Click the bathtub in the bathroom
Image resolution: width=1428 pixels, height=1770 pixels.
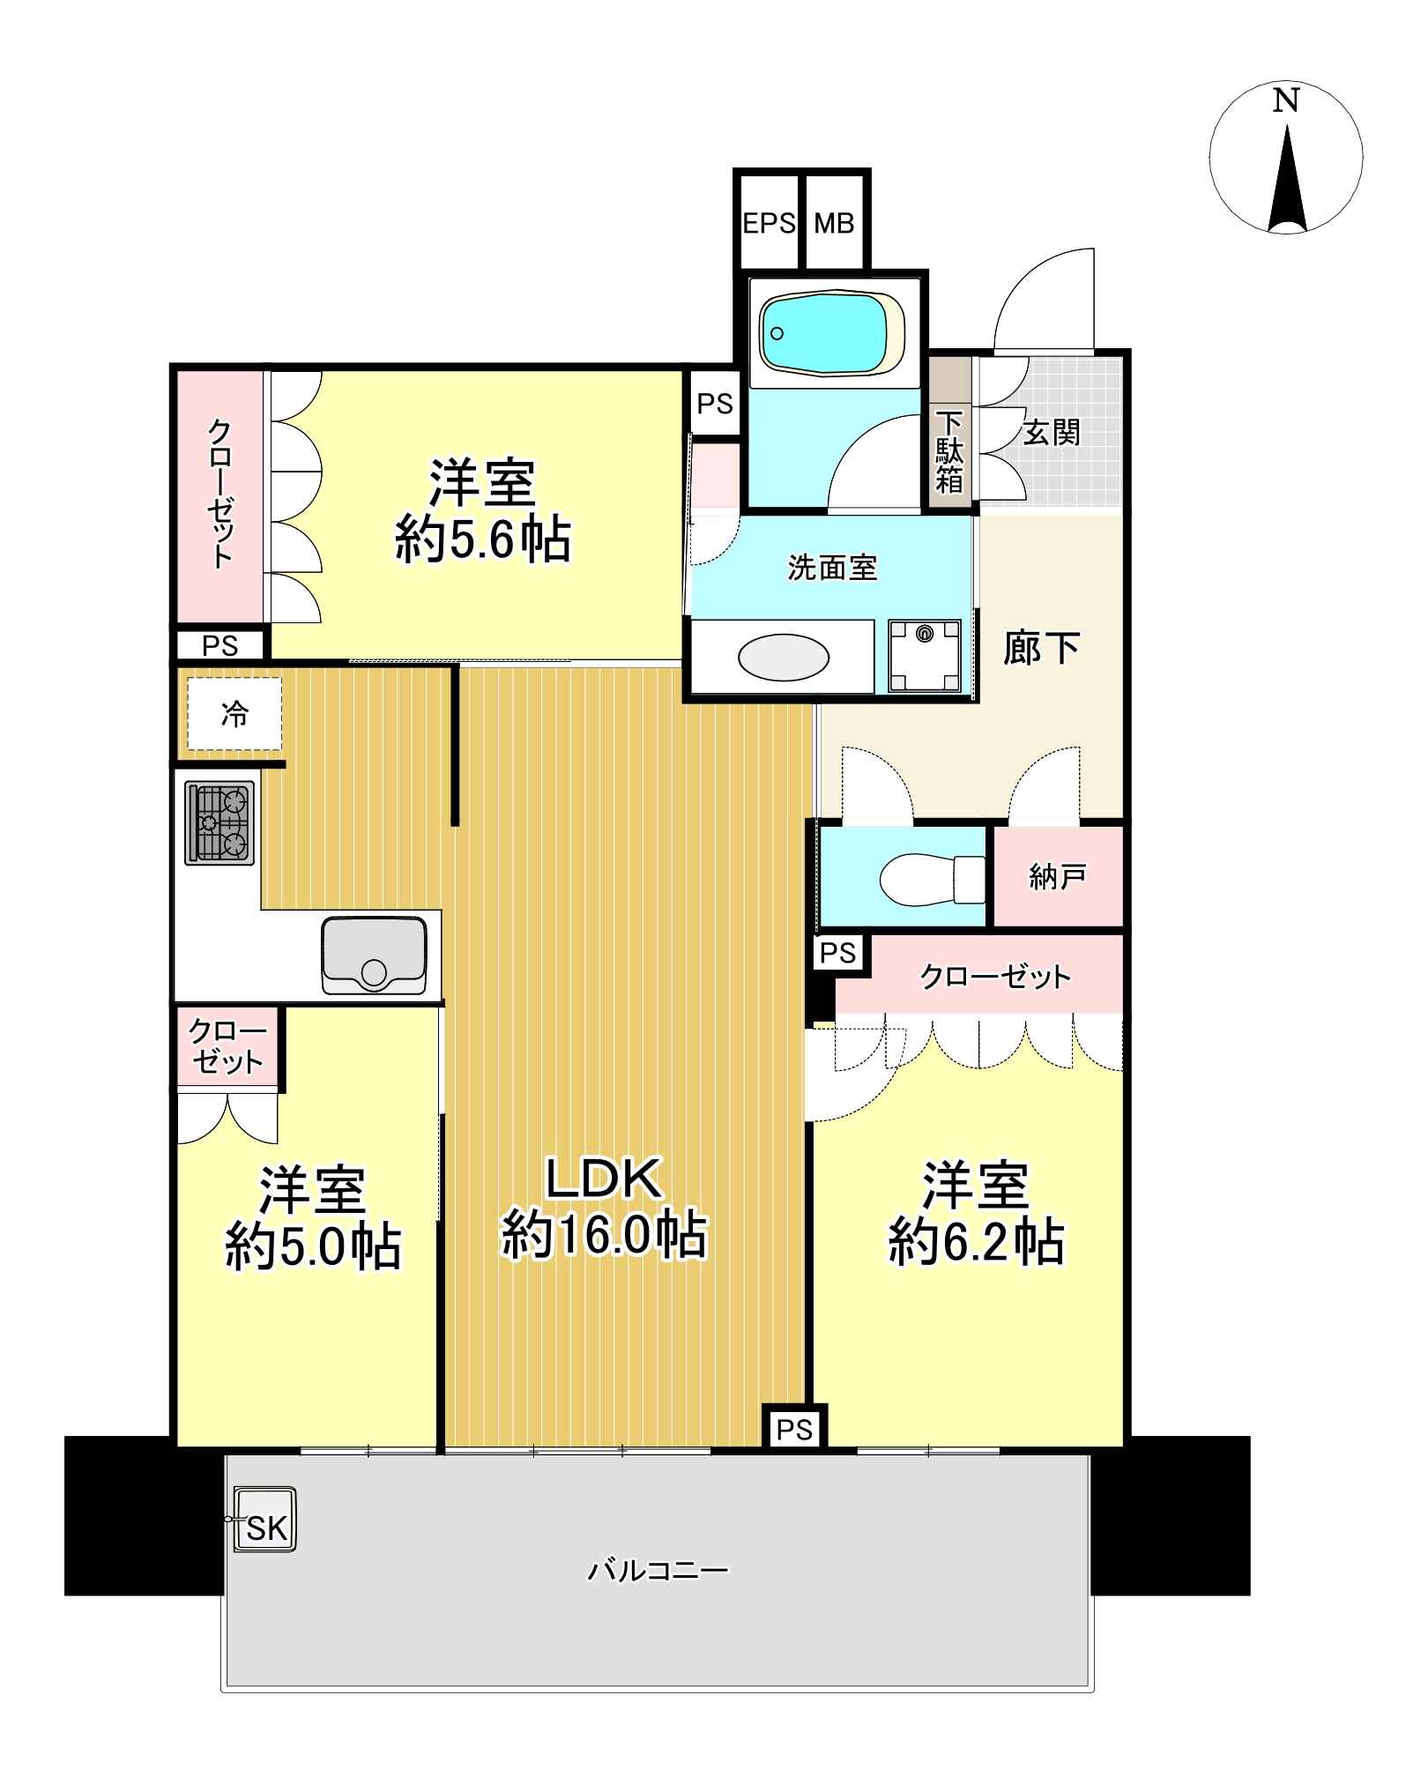point(832,334)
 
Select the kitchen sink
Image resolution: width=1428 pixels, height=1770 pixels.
point(375,956)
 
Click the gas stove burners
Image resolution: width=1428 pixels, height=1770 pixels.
point(219,822)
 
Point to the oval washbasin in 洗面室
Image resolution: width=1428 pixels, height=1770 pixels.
point(783,658)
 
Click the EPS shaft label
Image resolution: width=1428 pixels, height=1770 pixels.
point(769,224)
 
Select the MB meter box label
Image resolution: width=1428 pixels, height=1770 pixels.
point(834,224)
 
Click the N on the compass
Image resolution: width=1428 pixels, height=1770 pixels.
point(1286,101)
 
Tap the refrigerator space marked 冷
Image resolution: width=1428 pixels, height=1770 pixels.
point(234,714)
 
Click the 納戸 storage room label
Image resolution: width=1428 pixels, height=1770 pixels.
point(1057,876)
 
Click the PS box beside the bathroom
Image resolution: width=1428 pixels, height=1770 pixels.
point(715,404)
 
